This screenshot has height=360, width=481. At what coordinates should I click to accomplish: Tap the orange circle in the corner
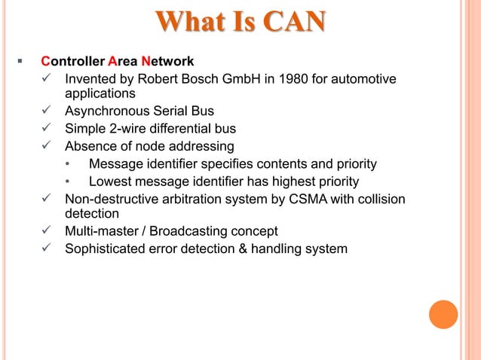tap(443, 314)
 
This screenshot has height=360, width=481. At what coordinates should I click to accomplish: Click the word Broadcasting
tap(191, 231)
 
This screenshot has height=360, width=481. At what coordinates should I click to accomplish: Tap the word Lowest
tap(109, 182)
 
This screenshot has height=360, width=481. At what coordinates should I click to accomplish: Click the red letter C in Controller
tap(45, 61)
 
